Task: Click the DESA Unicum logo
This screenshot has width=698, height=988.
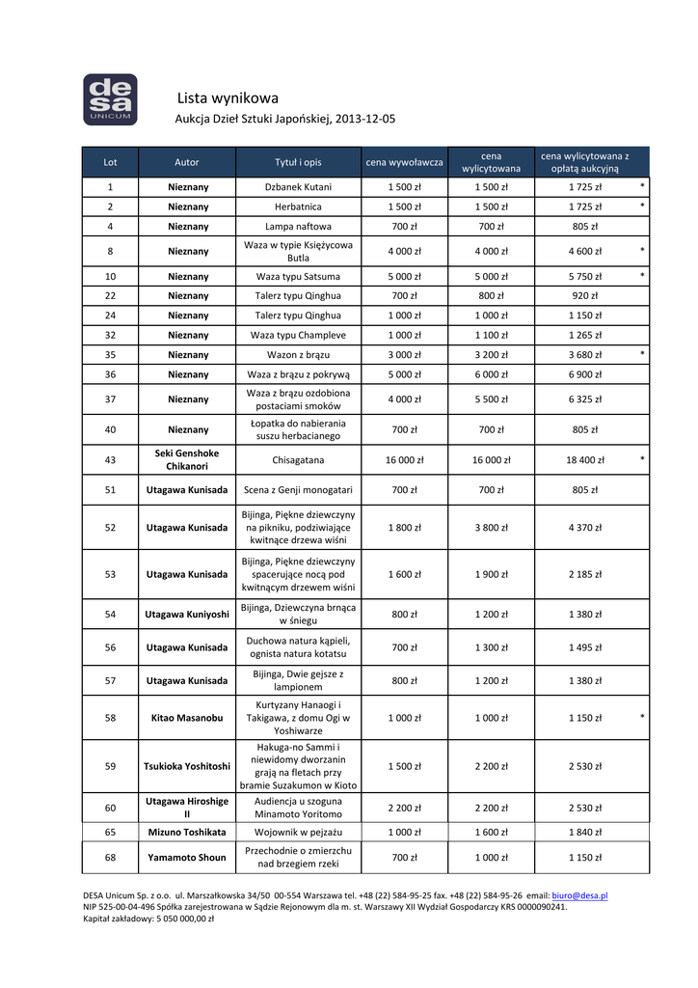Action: click(x=110, y=99)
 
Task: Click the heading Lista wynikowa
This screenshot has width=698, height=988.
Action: click(x=228, y=98)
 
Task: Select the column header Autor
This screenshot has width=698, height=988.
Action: click(x=187, y=161)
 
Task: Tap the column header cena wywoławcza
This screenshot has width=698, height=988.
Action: click(x=404, y=161)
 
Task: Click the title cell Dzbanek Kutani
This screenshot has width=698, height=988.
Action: click(x=298, y=187)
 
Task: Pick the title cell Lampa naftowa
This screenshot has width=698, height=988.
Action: click(x=298, y=227)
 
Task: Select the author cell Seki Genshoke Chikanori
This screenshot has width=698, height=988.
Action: click(x=187, y=459)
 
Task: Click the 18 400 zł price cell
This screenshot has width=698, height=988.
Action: click(x=584, y=460)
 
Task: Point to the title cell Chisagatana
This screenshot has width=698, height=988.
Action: click(x=298, y=460)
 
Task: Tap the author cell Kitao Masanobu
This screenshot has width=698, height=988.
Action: click(x=187, y=718)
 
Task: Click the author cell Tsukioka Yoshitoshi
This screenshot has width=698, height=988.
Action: click(x=187, y=766)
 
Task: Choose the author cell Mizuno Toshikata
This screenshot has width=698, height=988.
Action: click(x=187, y=832)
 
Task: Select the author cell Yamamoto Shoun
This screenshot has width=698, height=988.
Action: click(x=187, y=857)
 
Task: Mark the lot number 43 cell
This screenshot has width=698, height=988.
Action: click(x=111, y=460)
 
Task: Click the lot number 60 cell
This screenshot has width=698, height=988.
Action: click(x=111, y=808)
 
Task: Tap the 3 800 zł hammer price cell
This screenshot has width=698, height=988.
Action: click(x=491, y=528)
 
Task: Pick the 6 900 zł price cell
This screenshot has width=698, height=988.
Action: click(x=584, y=374)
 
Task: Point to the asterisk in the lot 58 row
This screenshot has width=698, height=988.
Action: click(x=642, y=717)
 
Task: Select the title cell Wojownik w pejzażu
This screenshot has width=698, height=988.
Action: click(x=298, y=832)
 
